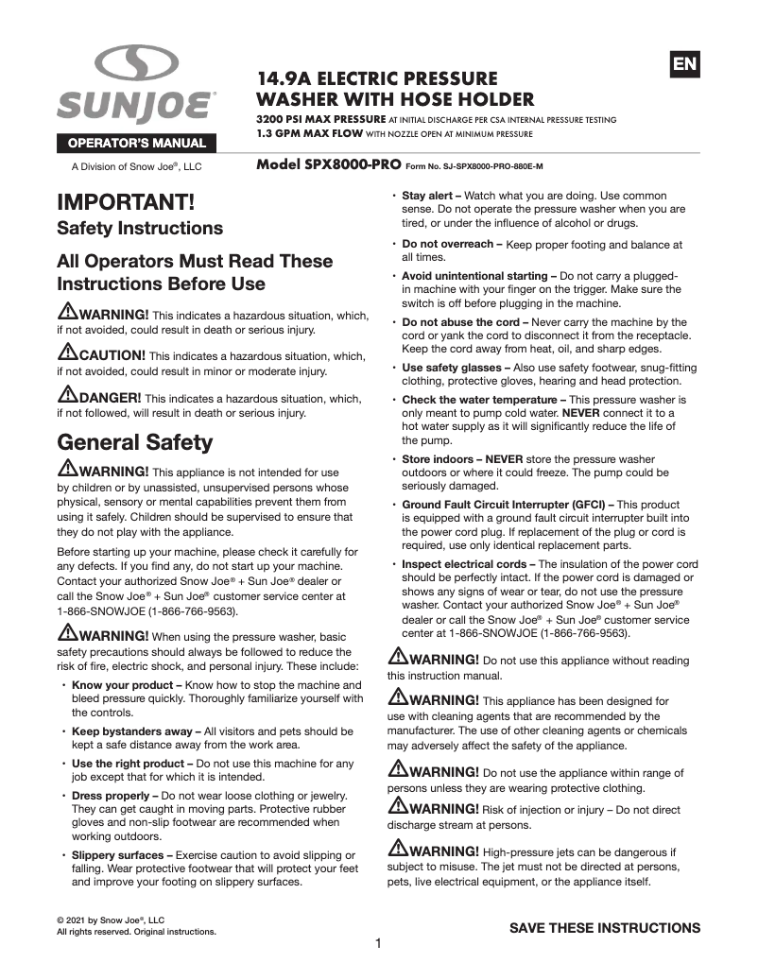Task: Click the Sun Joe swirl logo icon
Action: click(x=136, y=64)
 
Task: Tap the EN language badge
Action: click(x=684, y=63)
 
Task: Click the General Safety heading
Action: click(x=135, y=442)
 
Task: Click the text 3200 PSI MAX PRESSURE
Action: click(x=320, y=120)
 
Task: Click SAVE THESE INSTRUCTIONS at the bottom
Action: click(x=605, y=927)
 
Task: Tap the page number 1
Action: click(x=378, y=943)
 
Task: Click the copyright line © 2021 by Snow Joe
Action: click(x=111, y=920)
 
